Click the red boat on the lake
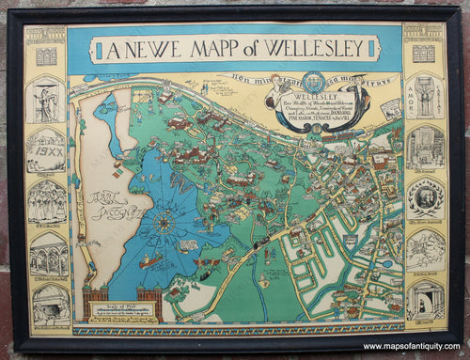point(150,262)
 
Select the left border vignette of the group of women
point(45,200)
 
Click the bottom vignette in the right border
point(425,299)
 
